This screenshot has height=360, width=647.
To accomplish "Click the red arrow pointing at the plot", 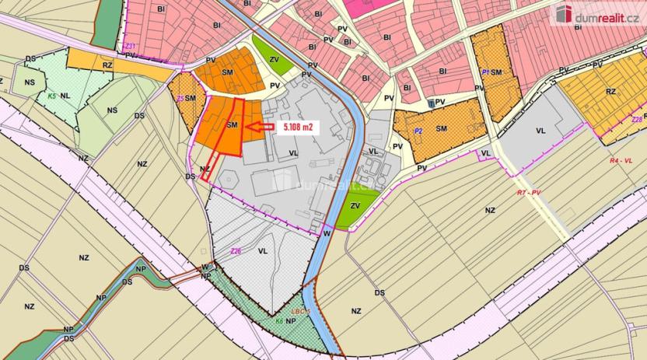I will click(x=260, y=127).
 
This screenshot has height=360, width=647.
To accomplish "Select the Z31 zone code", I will click(x=131, y=47).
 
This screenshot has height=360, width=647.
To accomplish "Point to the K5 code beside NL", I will click(x=51, y=96).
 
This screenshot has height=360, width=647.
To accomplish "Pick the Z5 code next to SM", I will click(x=180, y=99).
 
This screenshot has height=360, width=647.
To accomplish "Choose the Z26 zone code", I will click(x=236, y=250).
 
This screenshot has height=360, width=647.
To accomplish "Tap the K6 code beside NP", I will click(x=278, y=320).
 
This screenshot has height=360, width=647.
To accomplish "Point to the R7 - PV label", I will click(x=533, y=191).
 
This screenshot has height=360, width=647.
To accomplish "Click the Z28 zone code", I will click(x=637, y=120).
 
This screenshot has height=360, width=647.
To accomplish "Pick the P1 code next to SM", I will click(x=484, y=72).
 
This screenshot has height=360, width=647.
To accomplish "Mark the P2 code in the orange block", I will click(x=418, y=131).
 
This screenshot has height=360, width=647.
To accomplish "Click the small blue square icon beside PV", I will click(x=431, y=103).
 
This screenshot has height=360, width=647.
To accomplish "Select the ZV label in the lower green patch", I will click(x=355, y=205).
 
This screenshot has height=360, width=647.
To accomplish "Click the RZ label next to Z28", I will click(x=610, y=92).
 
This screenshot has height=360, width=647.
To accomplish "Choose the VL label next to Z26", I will click(x=263, y=251).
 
